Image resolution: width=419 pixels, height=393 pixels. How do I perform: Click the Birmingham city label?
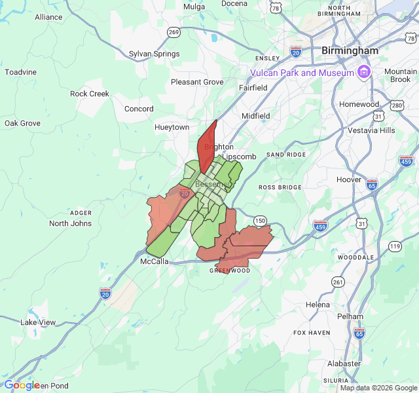pos(350,50)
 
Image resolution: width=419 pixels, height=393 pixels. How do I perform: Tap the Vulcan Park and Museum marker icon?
pos(364,73)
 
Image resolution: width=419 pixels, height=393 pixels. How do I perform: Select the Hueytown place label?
pos(172,127)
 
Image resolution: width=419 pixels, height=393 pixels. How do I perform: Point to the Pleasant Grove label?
pos(197,82)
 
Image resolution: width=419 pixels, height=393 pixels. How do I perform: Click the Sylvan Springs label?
pos(154,54)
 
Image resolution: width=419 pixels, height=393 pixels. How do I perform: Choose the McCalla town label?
pos(155,261)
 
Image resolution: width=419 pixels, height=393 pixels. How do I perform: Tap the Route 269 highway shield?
pos(173,32)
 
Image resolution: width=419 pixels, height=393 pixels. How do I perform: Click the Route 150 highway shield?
pos(261,221)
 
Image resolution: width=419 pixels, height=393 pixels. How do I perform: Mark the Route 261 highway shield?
pos(338,282)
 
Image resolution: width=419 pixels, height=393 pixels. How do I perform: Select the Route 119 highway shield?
pos(395,246)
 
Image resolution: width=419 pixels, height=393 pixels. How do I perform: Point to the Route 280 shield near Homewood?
pos(397,105)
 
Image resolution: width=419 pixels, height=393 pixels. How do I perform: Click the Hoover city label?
pos(348,179)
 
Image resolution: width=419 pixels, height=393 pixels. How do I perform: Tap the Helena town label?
pos(318,305)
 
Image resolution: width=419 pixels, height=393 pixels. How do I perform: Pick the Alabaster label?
pos(344,364)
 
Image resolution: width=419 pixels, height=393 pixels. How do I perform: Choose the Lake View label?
pos(38,322)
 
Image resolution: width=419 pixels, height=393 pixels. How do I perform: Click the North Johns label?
pos(71,223)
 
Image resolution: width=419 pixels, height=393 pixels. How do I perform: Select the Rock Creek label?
pos(90,94)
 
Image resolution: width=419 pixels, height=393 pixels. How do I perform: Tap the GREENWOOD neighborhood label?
pos(230,270)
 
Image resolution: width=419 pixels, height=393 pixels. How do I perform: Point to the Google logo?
pos(22,385)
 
